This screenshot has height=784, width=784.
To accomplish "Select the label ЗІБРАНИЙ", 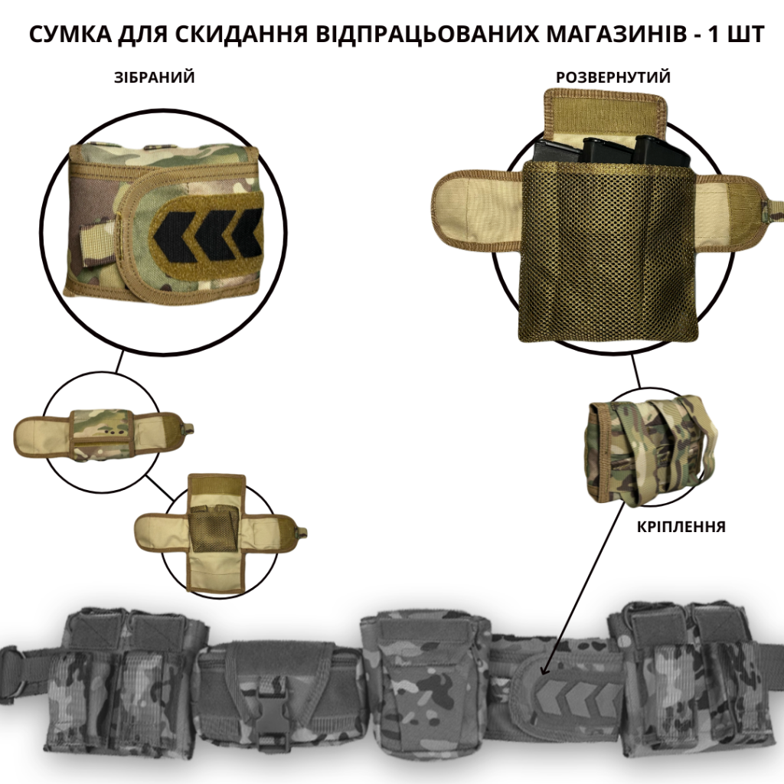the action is [154, 77].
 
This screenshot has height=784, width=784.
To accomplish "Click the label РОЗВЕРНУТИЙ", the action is [613, 77].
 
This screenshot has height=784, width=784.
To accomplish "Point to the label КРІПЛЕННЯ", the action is [681, 527].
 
